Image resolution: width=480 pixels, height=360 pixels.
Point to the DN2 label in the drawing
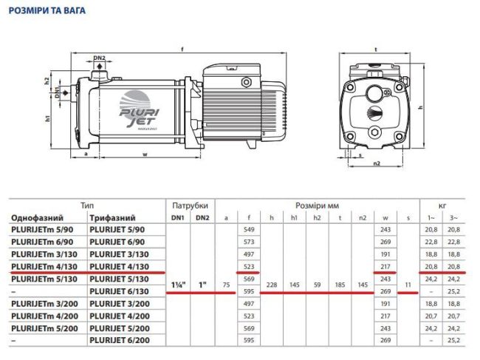[100, 58]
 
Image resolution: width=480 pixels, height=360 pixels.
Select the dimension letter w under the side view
[143, 155]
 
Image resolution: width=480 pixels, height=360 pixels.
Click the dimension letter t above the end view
[376, 50]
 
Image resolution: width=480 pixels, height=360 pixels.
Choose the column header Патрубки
[190, 205]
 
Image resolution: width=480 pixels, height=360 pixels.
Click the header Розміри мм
[315, 205]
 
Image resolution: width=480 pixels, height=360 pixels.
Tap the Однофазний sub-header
[37, 218]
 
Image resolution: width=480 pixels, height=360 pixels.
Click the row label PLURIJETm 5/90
[42, 231]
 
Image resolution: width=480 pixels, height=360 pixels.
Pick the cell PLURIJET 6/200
[120, 341]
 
